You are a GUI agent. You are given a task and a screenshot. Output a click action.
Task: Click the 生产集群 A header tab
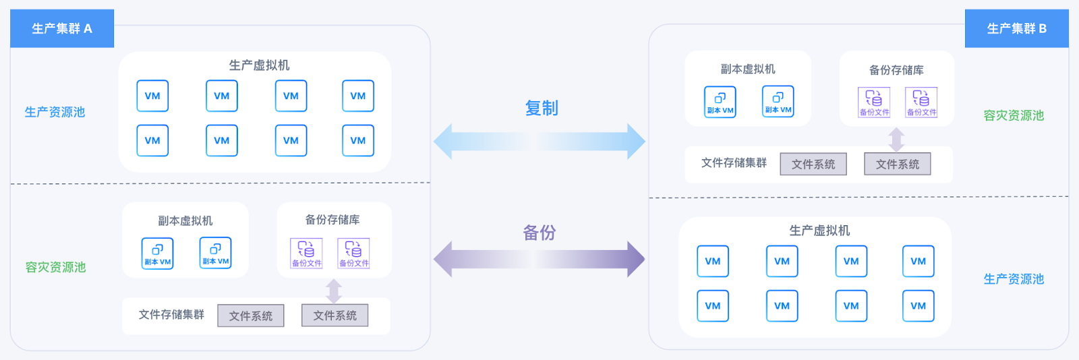click(62, 28)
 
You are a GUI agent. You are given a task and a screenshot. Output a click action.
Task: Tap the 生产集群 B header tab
click(1017, 28)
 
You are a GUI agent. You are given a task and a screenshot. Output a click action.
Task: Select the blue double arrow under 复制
click(539, 142)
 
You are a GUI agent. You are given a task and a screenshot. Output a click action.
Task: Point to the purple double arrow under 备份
click(539, 260)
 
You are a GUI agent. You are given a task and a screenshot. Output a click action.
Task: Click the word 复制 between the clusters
click(542, 109)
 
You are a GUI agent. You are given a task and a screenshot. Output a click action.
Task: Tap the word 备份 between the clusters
click(539, 233)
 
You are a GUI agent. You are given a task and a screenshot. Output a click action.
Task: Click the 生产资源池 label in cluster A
click(55, 112)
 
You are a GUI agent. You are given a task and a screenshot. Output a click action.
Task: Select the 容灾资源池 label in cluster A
click(55, 267)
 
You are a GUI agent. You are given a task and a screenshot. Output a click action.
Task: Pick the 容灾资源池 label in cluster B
click(1014, 115)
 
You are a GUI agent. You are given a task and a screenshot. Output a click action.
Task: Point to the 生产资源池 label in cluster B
click(1014, 279)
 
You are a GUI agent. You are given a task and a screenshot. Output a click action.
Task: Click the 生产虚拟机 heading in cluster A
click(259, 65)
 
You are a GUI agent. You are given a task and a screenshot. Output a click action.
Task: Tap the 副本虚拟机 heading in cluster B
click(748, 69)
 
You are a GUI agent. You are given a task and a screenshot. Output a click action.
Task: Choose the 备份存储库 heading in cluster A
click(332, 220)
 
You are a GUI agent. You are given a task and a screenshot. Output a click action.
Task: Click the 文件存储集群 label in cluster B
click(734, 163)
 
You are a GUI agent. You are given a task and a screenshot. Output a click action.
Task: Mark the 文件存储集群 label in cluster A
click(171, 315)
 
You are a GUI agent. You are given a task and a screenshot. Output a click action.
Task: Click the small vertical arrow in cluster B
click(896, 140)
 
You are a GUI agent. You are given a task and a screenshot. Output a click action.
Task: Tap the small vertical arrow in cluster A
click(334, 291)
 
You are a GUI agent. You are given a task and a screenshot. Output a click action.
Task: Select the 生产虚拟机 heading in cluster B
click(819, 231)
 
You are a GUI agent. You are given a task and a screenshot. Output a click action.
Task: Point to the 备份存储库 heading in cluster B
click(896, 70)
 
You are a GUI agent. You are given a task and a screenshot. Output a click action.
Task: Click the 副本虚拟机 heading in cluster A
click(185, 221)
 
